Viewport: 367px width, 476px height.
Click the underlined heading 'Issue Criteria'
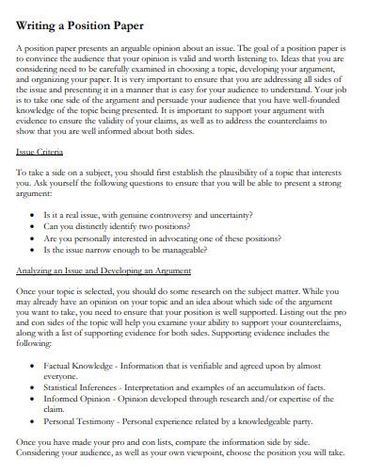(x=40, y=151)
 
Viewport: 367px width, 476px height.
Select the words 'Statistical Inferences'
(x=83, y=387)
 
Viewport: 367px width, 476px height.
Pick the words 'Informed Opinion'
(x=76, y=399)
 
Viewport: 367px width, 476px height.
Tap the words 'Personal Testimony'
(x=81, y=422)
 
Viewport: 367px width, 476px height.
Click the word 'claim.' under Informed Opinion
(x=54, y=410)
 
